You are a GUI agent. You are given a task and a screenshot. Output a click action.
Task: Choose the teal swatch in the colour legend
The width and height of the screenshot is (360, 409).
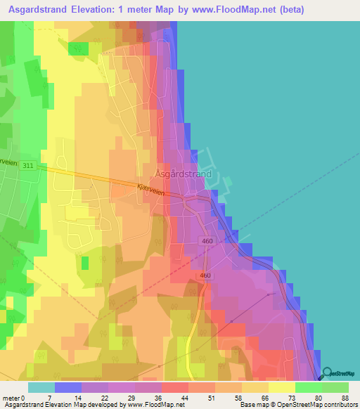click(41, 387)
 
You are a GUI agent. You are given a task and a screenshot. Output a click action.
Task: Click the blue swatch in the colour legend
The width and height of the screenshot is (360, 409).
click(68, 387)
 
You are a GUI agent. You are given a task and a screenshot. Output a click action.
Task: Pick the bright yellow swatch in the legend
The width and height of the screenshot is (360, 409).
click(281, 387)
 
